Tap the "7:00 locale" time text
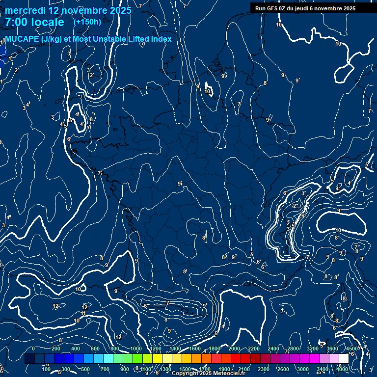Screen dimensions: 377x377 click(x=34, y=22)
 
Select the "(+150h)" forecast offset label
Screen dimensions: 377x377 click(x=87, y=22)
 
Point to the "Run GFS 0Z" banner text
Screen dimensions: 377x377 click(x=273, y=8)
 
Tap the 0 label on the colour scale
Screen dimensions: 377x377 click(x=33, y=349)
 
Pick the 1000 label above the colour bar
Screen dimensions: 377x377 click(x=135, y=349)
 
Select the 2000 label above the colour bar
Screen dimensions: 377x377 click(x=235, y=349)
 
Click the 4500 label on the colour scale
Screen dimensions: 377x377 click(x=352, y=349)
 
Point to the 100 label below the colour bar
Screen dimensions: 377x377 click(x=46, y=369)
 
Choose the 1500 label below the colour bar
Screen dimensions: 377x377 click(x=185, y=369)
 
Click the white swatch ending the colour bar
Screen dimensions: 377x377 click(x=344, y=359)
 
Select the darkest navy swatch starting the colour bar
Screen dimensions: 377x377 click(x=29, y=359)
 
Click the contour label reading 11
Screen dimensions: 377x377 click(x=83, y=313)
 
